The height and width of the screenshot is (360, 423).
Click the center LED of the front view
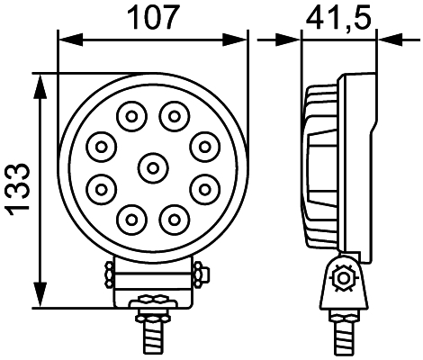pyautogui.click(x=152, y=166)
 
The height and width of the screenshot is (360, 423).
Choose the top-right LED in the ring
pyautogui.click(x=173, y=114)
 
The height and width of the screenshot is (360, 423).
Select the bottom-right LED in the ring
pyautogui.click(x=173, y=217)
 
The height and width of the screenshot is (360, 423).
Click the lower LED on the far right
pyautogui.click(x=205, y=188)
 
